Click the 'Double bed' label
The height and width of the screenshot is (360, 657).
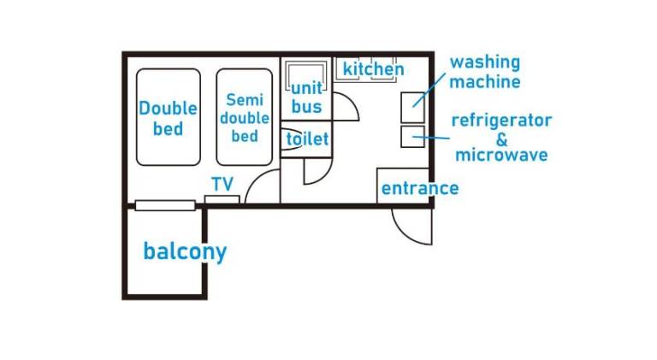pyautogui.click(x=168, y=119)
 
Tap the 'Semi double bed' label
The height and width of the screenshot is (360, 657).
pyautogui.click(x=244, y=118)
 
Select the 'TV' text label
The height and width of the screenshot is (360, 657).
pyautogui.click(x=222, y=183)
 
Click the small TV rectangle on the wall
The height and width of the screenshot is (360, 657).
pyautogui.click(x=222, y=199)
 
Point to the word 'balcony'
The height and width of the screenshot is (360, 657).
pyautogui.click(x=185, y=251)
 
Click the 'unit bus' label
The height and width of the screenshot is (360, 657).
pyautogui.click(x=306, y=97)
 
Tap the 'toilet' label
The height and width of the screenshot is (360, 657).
pyautogui.click(x=307, y=139)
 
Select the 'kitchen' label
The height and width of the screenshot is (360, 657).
pyautogui.click(x=373, y=68)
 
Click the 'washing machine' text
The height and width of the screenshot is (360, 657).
pyautogui.click(x=485, y=72)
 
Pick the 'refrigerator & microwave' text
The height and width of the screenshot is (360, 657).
pyautogui.click(x=501, y=137)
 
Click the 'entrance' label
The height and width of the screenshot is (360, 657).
pyautogui.click(x=419, y=188)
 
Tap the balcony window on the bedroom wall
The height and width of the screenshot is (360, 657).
pyautogui.click(x=164, y=204)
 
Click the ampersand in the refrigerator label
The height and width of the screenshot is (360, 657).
pyautogui.click(x=501, y=138)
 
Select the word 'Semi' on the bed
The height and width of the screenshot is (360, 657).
pyautogui.click(x=244, y=100)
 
